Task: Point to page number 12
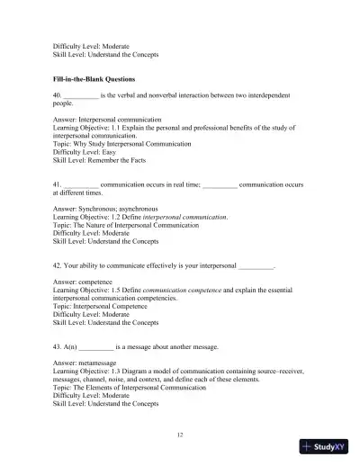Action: point(180,435)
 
